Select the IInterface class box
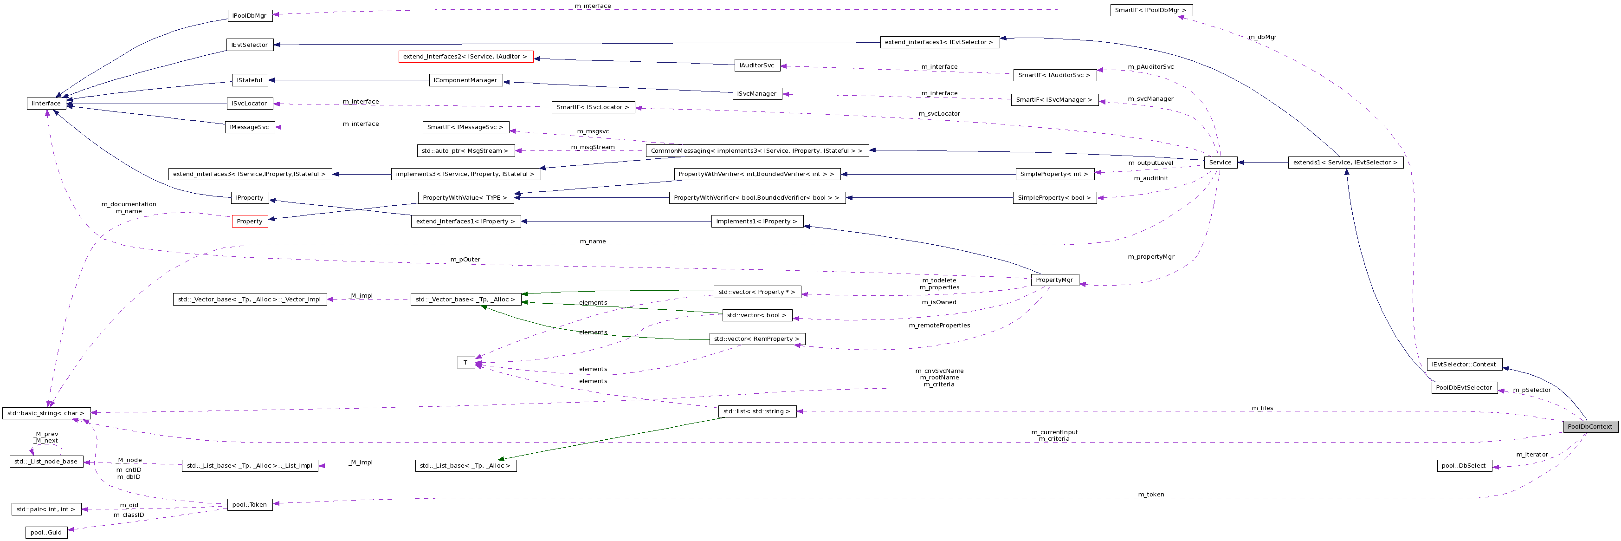(46, 103)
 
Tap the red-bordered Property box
(250, 221)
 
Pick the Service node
(1220, 162)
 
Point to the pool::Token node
(249, 504)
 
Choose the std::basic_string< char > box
(46, 413)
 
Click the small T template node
(465, 362)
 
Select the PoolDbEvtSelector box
(1464, 387)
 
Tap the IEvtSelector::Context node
(1464, 364)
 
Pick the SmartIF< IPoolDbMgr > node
(1150, 10)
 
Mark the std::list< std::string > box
(757, 411)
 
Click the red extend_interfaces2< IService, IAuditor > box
(465, 57)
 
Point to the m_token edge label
(1151, 495)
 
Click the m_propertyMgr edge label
(1151, 256)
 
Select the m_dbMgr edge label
(1262, 37)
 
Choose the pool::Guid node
(46, 532)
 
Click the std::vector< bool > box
(756, 315)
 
